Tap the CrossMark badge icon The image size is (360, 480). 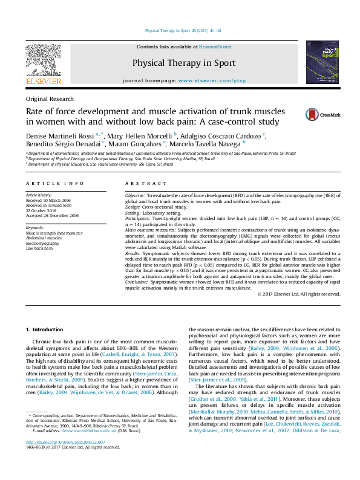click(322, 114)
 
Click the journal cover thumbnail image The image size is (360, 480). click(322, 62)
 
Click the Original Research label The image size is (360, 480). click(50, 99)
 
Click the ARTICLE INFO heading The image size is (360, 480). click(54, 183)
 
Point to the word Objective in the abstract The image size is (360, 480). click(135, 196)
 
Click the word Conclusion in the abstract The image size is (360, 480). click(137, 283)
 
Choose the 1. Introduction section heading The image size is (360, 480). click(46, 329)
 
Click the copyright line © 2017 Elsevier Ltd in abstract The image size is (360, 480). click(298, 294)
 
